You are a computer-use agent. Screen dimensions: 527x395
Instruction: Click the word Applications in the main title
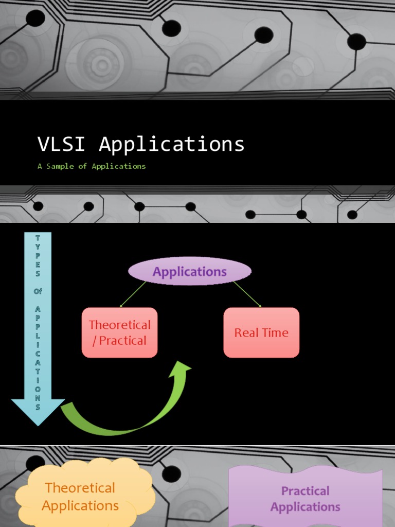click(172, 145)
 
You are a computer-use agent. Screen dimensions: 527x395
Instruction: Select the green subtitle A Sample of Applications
click(92, 166)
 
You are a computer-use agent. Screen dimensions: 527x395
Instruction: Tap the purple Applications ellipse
click(190, 271)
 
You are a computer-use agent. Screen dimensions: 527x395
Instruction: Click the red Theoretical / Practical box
click(119, 332)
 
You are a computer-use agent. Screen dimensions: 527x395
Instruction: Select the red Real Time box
click(261, 332)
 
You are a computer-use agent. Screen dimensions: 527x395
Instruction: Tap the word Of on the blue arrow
click(38, 291)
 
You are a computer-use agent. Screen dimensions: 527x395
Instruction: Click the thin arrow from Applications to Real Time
click(247, 294)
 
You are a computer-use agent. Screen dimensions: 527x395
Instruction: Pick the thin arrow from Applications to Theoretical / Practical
click(133, 294)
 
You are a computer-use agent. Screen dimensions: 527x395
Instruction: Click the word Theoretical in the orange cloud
click(80, 487)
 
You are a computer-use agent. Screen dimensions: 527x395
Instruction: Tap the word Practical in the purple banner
click(306, 491)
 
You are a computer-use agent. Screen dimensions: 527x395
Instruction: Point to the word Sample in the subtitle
click(60, 166)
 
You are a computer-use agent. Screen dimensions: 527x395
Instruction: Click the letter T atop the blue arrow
click(38, 238)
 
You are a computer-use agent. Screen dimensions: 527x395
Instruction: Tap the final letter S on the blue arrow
click(38, 407)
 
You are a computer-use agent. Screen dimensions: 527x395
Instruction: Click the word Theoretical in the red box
click(119, 325)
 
